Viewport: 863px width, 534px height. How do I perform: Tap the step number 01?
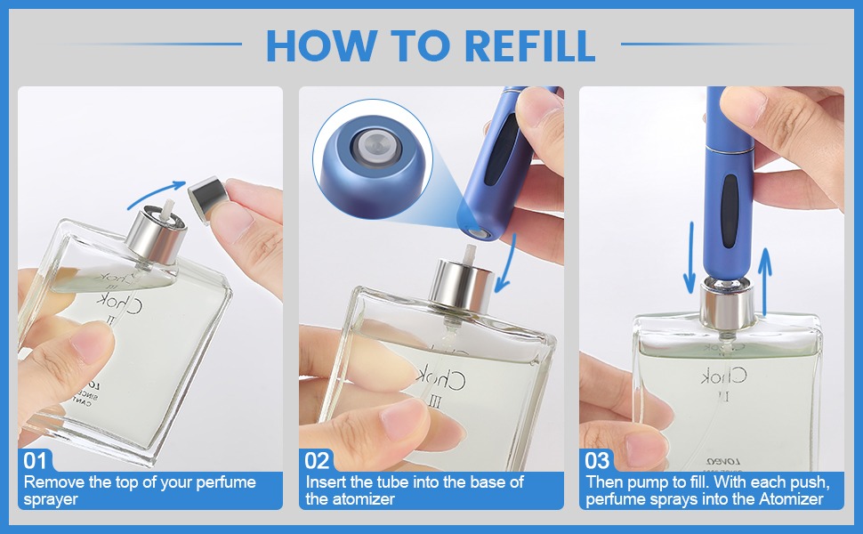pos(36,460)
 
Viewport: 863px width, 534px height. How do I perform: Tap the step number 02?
pos(318,460)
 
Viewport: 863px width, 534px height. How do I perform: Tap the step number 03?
pos(598,460)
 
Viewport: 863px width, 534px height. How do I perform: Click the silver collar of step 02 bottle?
pos(463,284)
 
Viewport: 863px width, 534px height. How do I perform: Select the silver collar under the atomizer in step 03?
pos(729,302)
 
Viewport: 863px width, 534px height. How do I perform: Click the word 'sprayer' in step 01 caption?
pos(51,499)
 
